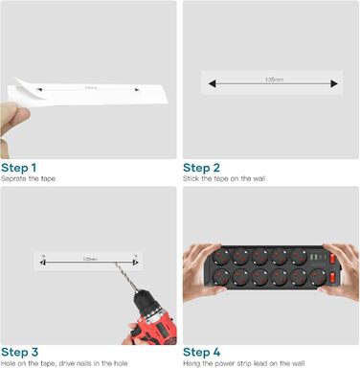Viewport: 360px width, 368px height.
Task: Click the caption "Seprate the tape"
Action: point(30,178)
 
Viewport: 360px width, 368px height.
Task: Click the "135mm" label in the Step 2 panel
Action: point(273,79)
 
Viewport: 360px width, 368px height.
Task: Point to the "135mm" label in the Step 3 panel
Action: point(90,259)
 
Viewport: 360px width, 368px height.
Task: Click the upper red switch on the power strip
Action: point(332,258)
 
